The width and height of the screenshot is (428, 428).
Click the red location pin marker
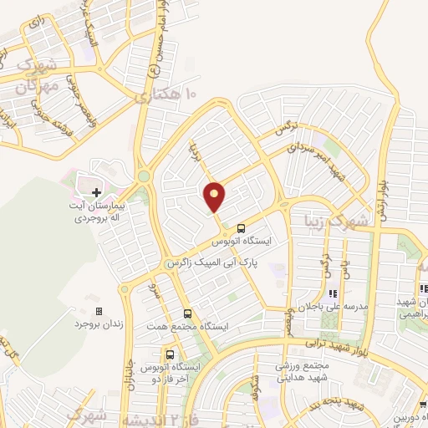[x=214, y=196]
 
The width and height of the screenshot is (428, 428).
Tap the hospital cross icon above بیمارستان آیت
[x=96, y=192]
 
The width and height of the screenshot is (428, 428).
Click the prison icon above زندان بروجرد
[x=99, y=311]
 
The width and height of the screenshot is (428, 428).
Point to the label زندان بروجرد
[x=84, y=323]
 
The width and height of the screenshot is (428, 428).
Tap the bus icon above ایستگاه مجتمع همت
[x=187, y=313]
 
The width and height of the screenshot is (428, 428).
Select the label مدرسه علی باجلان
[x=332, y=307]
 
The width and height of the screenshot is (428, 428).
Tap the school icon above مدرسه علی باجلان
[x=332, y=294]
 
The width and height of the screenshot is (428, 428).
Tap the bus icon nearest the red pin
[x=241, y=227]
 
